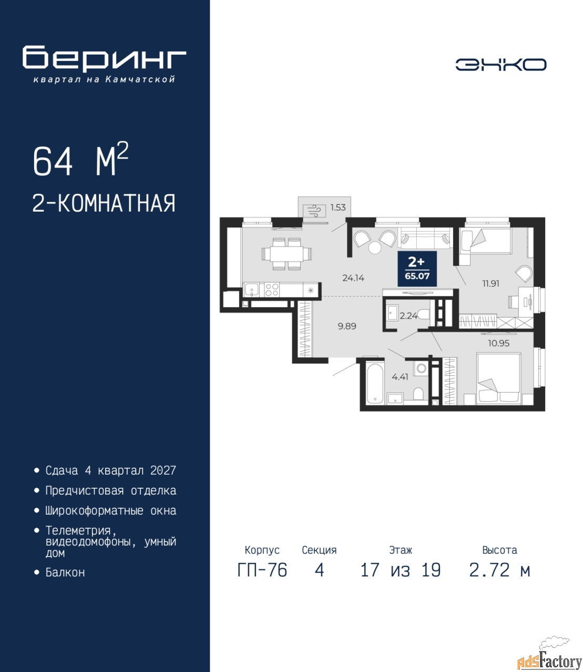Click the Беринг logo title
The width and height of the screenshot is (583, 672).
coord(104,59)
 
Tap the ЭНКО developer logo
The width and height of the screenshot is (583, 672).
coord(500,65)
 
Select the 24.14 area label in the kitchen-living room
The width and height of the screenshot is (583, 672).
coord(353,278)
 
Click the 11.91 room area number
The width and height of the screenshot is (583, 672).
coord(490,283)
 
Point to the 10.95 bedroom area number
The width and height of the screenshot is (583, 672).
coord(498,343)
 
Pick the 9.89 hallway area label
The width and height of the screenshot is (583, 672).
coord(346,326)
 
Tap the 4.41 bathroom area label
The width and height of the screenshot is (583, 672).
coord(400,377)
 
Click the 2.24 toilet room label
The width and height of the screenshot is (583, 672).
coord(408,316)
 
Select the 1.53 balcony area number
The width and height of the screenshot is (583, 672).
coord(338,207)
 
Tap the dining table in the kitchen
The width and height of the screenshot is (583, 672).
coord(286,254)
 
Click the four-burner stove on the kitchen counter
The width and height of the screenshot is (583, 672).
coord(271,290)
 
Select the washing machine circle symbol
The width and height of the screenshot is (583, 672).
coord(422,369)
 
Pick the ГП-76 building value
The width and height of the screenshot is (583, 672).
coord(262,570)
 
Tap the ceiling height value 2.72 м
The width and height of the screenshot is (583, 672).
coord(499,570)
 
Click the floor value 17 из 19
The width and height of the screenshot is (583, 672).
coord(401,570)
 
